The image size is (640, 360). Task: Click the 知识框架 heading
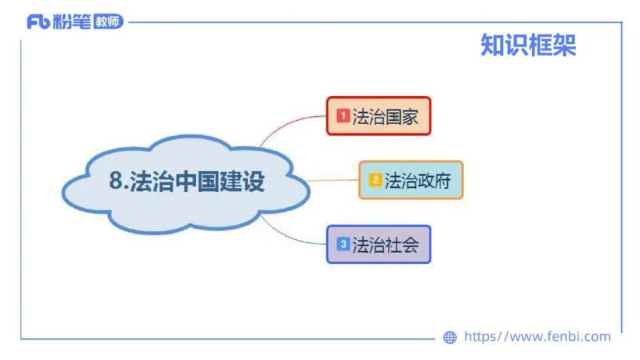(528, 46)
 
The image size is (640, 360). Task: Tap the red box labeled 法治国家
(378, 116)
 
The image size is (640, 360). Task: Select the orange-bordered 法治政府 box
(410, 180)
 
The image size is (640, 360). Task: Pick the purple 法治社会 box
(378, 244)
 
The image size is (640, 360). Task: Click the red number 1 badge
(342, 116)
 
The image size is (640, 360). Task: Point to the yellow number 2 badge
(374, 180)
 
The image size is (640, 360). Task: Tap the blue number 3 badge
(342, 244)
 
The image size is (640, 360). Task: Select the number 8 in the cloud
(115, 182)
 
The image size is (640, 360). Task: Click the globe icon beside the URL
(450, 338)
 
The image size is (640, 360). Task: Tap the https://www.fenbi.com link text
(537, 337)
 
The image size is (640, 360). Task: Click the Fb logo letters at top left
(38, 22)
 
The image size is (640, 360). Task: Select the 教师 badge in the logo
(108, 22)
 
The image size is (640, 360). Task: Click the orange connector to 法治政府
(332, 181)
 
